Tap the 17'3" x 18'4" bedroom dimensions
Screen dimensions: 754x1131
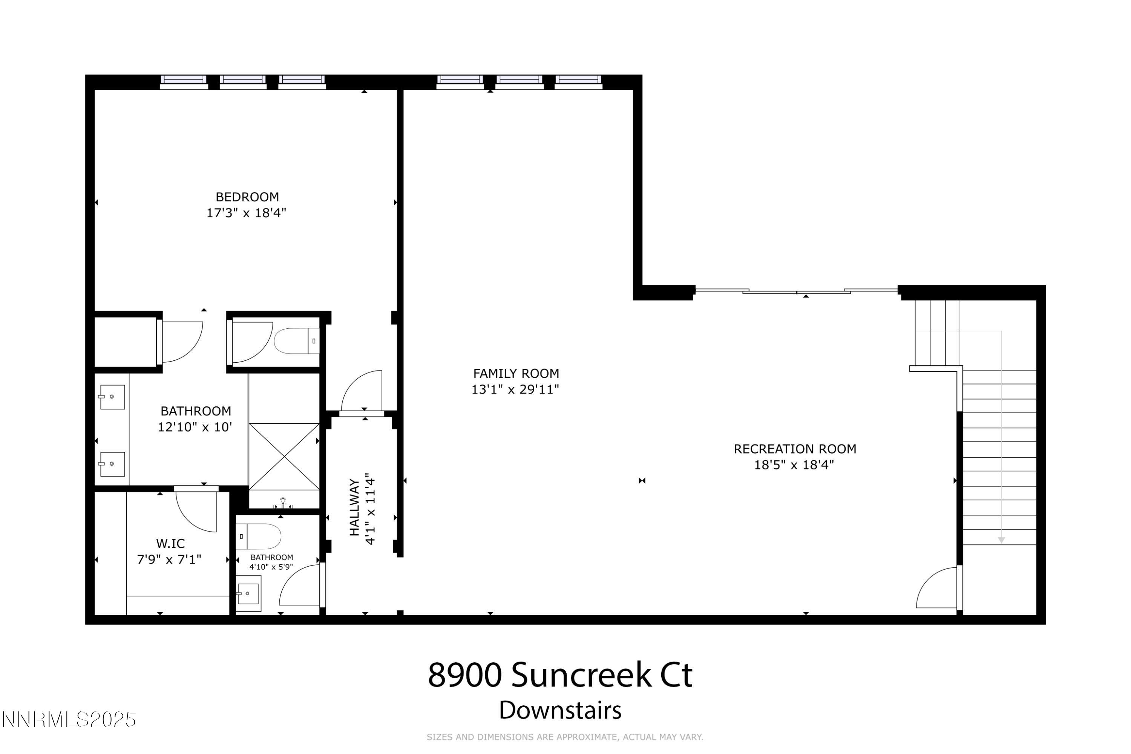click(246, 213)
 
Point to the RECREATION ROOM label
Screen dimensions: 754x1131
click(794, 449)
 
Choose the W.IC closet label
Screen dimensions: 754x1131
click(170, 543)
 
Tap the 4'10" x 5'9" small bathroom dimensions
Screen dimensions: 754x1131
click(271, 567)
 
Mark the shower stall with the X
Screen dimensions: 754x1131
click(284, 456)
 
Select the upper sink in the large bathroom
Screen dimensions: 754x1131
click(112, 397)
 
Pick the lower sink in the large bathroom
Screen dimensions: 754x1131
click(112, 464)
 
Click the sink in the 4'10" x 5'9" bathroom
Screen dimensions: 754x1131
click(248, 594)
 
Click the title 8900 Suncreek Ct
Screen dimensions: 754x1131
click(560, 675)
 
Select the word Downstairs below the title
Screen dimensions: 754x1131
click(560, 710)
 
